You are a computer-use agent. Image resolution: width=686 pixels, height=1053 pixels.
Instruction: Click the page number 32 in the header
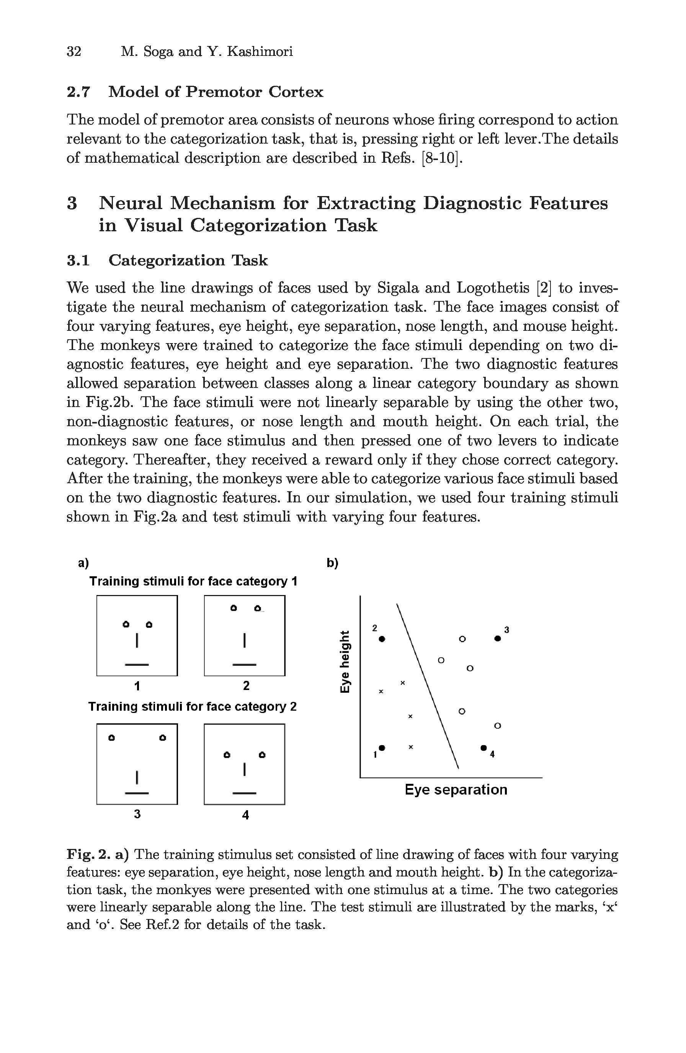pos(74,52)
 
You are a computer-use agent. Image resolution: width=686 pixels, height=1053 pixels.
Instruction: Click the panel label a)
pos(83,563)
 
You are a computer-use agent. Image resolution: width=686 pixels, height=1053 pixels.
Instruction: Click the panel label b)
pos(332,563)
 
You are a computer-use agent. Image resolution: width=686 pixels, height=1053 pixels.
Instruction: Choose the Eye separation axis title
pos(456,789)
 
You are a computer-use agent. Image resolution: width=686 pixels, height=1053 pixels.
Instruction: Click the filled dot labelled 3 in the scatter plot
pos(498,638)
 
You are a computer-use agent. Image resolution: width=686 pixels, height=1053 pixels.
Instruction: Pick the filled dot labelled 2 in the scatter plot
pos(382,639)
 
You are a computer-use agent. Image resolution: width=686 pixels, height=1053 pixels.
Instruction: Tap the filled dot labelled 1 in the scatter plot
pos(382,747)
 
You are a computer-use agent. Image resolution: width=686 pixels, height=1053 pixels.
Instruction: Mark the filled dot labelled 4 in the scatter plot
pos(483,748)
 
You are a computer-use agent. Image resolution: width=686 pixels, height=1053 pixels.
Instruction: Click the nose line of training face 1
pos(137,641)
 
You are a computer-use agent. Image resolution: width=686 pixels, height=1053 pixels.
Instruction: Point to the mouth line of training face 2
pos(245,665)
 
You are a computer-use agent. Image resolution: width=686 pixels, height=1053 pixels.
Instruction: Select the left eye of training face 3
pos(112,737)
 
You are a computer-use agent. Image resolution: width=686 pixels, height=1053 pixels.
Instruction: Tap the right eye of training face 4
pos(262,755)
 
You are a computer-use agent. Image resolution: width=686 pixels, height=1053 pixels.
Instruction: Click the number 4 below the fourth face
pos(246,814)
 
